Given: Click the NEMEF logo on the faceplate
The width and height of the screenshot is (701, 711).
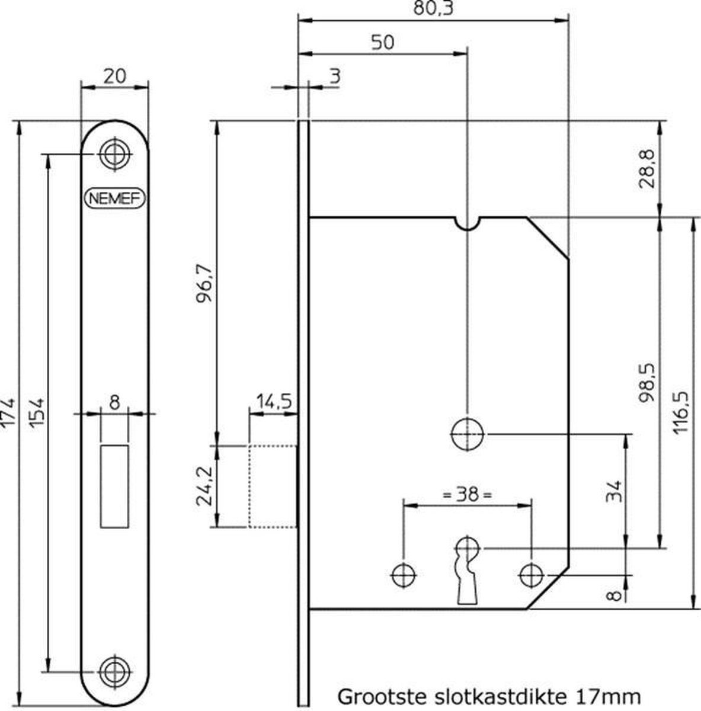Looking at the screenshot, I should pyautogui.click(x=115, y=198).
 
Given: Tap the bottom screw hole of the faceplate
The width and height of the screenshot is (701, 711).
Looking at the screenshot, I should pyautogui.click(x=114, y=671).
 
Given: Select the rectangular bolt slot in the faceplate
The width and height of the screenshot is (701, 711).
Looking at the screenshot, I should pyautogui.click(x=115, y=486).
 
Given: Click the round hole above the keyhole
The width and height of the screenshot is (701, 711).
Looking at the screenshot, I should pyautogui.click(x=468, y=434).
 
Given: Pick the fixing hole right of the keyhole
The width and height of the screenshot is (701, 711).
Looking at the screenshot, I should pyautogui.click(x=532, y=574).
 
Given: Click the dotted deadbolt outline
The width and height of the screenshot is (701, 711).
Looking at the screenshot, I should pyautogui.click(x=272, y=485).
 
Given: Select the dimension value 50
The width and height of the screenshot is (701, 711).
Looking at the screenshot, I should pyautogui.click(x=383, y=43).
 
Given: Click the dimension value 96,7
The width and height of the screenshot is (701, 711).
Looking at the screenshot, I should pyautogui.click(x=205, y=289).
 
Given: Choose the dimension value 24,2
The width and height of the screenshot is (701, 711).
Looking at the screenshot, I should pyautogui.click(x=205, y=486).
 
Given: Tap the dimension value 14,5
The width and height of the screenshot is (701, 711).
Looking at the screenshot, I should pyautogui.click(x=273, y=402).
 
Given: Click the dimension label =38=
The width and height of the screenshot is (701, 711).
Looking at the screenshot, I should pyautogui.click(x=468, y=494).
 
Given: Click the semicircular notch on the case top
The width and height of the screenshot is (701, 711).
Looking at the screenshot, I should pyautogui.click(x=468, y=223).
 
